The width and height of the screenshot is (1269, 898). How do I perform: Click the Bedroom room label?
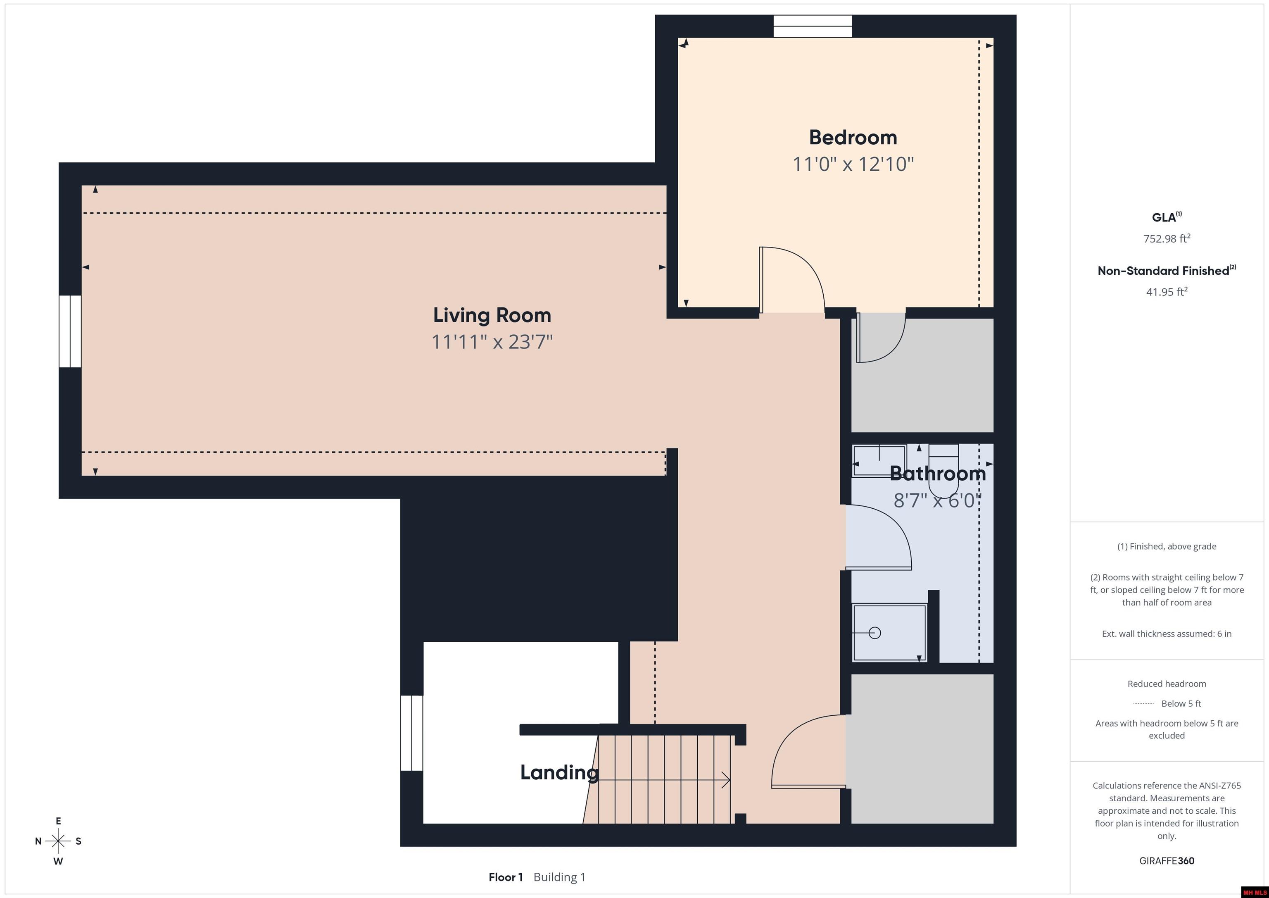[x=853, y=137]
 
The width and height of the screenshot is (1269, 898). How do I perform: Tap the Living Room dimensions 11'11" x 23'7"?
[x=492, y=342]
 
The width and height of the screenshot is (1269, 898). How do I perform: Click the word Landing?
[x=559, y=772]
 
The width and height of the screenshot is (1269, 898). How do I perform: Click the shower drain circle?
[x=875, y=633]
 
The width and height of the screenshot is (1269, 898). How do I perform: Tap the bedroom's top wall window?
[x=813, y=26]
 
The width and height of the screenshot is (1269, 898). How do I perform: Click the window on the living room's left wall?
[x=70, y=331]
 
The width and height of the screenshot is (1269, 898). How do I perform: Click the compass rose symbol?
[x=58, y=841]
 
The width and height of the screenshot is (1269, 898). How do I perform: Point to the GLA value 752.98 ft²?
[x=1167, y=238]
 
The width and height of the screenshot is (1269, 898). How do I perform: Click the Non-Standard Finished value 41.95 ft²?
[x=1167, y=291]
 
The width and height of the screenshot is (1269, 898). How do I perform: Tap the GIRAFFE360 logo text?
[x=1167, y=861]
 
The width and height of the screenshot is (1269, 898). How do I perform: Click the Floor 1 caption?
[x=506, y=877]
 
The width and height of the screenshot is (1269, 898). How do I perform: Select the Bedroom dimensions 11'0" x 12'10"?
[x=853, y=164]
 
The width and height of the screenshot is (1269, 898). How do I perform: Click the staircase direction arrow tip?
[x=730, y=780]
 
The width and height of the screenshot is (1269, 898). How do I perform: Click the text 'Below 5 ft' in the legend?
[x=1181, y=703]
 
